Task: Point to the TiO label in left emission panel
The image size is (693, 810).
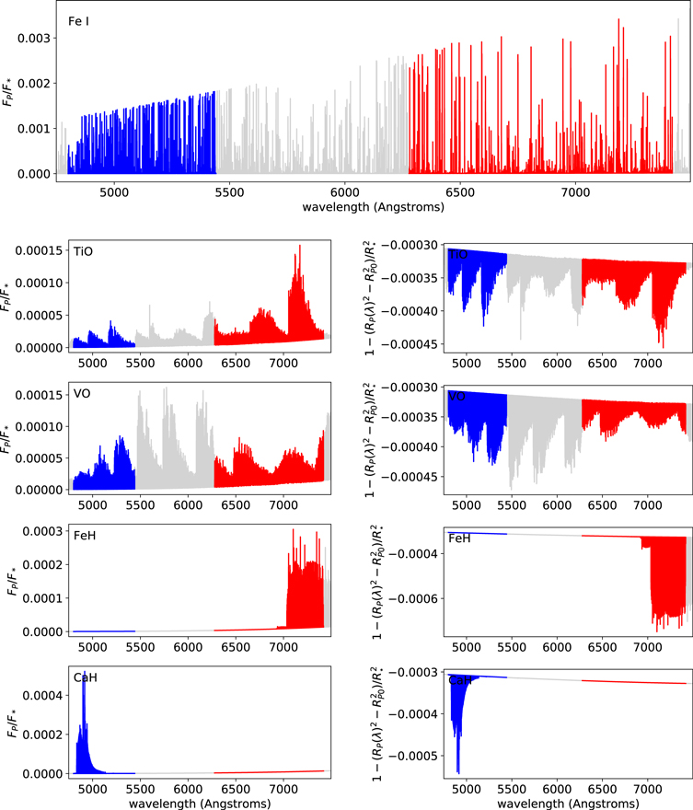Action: click(x=83, y=250)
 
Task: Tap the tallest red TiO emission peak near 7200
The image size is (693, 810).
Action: click(x=299, y=247)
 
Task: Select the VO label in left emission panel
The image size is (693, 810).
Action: click(x=83, y=393)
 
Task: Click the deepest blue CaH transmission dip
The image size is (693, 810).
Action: click(x=457, y=771)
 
